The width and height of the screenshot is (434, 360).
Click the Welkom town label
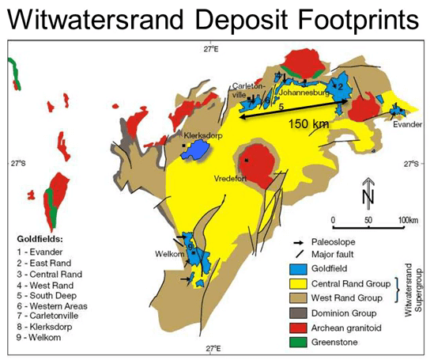tap(168, 253)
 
